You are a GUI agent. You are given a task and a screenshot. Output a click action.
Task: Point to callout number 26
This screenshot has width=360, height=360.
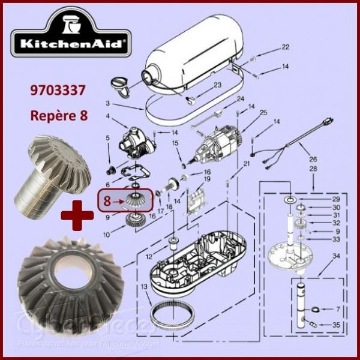click(x=311, y=160)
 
